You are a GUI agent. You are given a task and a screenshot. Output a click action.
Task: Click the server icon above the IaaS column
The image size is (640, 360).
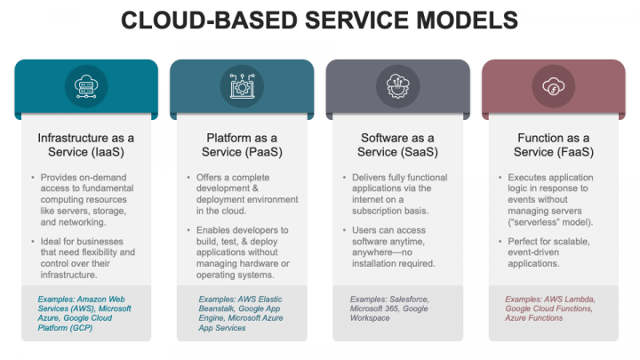pyautogui.click(x=86, y=86)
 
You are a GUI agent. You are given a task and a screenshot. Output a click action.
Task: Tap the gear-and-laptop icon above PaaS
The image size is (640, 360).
pyautogui.click(x=242, y=86)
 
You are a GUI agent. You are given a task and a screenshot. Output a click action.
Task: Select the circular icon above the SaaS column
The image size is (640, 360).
pyautogui.click(x=397, y=86)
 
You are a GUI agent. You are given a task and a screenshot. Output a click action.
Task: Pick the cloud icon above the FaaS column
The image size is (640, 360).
pyautogui.click(x=553, y=86)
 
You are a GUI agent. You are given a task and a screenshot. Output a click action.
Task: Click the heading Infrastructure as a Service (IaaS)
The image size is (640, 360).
pyautogui.click(x=86, y=145)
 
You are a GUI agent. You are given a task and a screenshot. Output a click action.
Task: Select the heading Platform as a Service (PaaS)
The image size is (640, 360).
pyautogui.click(x=242, y=145)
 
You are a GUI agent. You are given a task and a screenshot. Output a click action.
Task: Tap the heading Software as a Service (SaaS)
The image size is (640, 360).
pyautogui.click(x=397, y=145)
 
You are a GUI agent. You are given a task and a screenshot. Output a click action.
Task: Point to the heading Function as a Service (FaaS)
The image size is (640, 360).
pyautogui.click(x=553, y=145)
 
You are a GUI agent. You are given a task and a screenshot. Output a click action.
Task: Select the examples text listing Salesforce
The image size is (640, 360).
pyautogui.click(x=391, y=308)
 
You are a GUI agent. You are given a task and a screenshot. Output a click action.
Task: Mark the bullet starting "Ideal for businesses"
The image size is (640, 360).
pyautogui.click(x=88, y=258)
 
